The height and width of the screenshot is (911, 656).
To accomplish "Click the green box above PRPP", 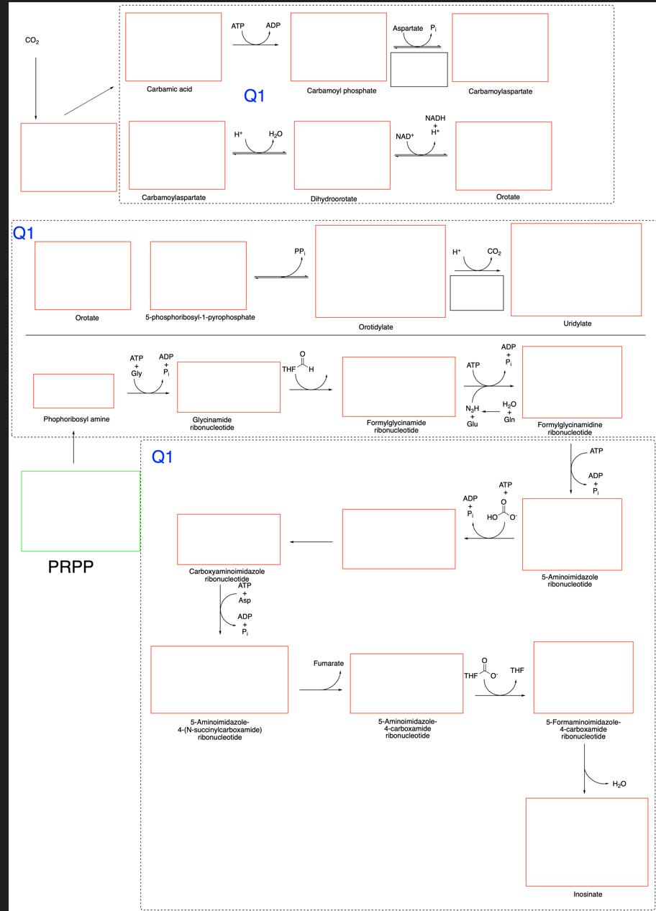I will point(81,511).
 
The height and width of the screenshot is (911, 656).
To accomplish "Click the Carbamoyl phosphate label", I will point(341,91).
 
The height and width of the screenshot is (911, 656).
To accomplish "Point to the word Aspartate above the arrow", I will point(407,28).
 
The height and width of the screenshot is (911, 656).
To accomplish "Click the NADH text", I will point(435,118).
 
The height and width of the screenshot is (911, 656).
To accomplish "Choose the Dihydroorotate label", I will point(334,198).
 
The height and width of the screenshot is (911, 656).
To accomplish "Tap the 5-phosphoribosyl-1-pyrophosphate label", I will point(198,317).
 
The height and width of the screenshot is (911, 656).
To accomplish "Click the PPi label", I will point(300,252).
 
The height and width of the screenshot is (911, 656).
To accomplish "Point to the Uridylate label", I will point(577,324).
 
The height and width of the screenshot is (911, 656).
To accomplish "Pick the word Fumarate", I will point(329,662).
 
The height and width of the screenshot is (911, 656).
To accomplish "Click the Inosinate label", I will point(588,894).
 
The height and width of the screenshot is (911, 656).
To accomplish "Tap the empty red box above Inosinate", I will point(587,841).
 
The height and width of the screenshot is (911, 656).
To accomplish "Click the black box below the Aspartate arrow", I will point(419,70).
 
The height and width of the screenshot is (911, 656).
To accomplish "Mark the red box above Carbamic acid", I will point(173,47).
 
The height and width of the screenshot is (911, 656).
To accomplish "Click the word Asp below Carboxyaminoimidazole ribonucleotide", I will point(245,600).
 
